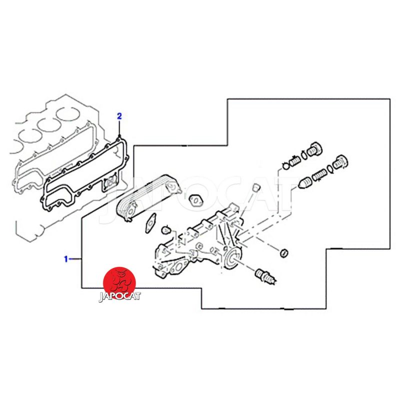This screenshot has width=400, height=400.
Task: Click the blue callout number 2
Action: click(x=119, y=116)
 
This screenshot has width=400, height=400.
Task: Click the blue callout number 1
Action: click(x=66, y=259)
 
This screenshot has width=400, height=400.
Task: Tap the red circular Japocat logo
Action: click(x=119, y=283)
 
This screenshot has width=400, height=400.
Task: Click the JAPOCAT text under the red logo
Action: click(x=119, y=296)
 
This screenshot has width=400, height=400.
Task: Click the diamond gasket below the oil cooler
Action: click(x=150, y=222)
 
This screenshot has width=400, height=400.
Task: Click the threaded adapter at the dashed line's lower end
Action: click(x=265, y=276)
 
